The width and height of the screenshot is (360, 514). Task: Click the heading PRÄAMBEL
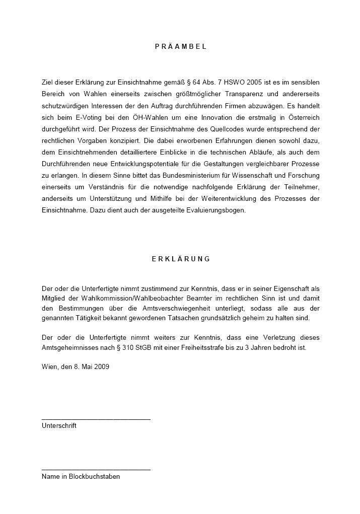point(181,46)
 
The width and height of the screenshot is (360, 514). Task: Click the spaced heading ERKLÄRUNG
point(181,259)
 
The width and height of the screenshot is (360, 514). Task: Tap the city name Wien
point(49,366)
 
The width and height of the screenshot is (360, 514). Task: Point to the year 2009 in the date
point(102,366)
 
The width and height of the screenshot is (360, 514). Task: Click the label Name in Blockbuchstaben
point(81,476)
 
